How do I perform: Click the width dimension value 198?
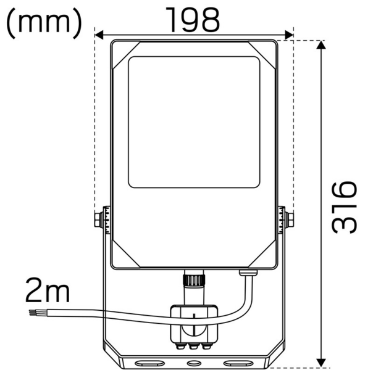[194, 20]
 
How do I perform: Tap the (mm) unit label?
[44, 22]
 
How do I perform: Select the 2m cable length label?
[47, 290]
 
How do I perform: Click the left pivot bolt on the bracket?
[99, 219]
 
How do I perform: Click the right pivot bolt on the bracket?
[288, 219]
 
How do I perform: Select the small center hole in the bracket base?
[194, 363]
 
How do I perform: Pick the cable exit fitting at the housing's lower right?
[248, 271]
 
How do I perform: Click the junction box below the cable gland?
[193, 323]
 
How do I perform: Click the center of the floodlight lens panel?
[194, 122]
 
